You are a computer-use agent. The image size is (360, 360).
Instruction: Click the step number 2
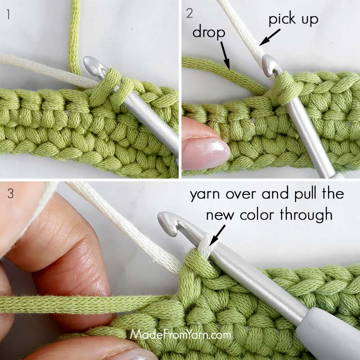pos(190,13)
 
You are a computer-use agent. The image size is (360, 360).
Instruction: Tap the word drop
pos(207,31)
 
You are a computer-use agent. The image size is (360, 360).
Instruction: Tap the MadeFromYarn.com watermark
pos(181,335)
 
